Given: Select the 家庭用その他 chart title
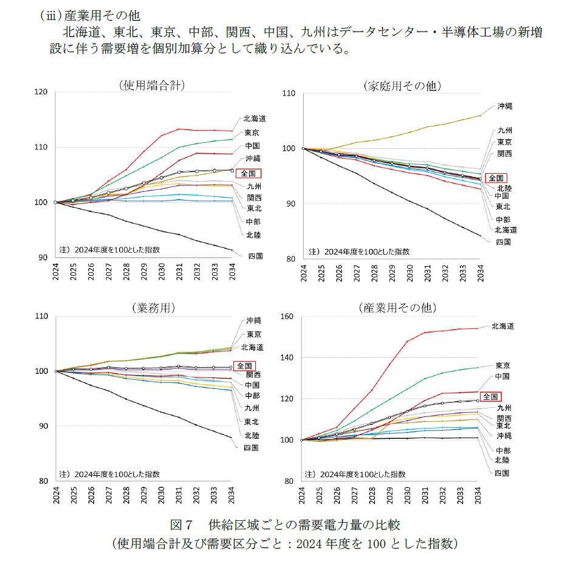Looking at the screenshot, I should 401,86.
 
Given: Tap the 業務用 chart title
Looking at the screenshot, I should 153,308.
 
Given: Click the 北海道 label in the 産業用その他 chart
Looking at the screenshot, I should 502,326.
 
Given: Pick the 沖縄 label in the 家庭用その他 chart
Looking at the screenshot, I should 505,106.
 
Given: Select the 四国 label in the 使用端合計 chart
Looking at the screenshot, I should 255,256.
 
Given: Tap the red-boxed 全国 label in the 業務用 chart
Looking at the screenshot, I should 245,366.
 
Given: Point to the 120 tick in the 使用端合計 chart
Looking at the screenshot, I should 41,92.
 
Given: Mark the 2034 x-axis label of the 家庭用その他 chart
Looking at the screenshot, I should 480,273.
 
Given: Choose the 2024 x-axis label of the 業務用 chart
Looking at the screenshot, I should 55,496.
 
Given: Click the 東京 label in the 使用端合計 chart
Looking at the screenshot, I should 252,133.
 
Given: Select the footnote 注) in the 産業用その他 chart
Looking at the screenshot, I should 309,474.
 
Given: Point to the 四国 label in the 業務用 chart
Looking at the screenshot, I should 251,448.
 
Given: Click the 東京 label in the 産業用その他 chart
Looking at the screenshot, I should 502,366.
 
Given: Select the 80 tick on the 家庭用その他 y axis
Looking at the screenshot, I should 290,259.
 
